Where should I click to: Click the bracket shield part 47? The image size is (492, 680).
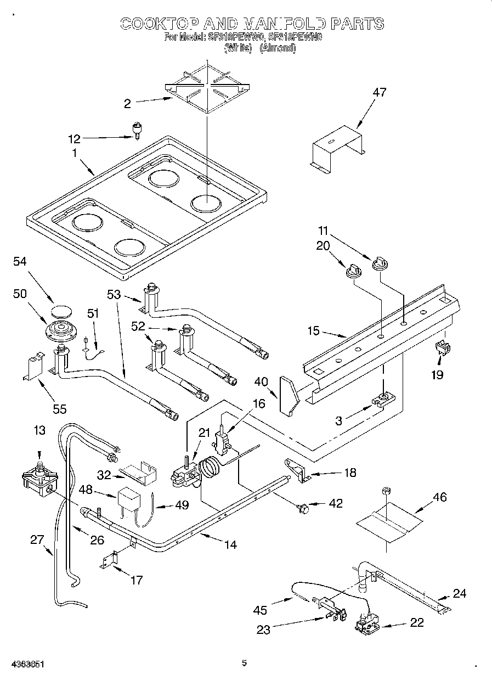point(336,145)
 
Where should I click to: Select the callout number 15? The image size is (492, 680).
point(313,331)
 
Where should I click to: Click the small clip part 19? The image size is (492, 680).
point(443,347)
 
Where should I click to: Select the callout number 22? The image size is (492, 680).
point(417,622)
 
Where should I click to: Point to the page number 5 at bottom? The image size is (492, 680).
point(245,663)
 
